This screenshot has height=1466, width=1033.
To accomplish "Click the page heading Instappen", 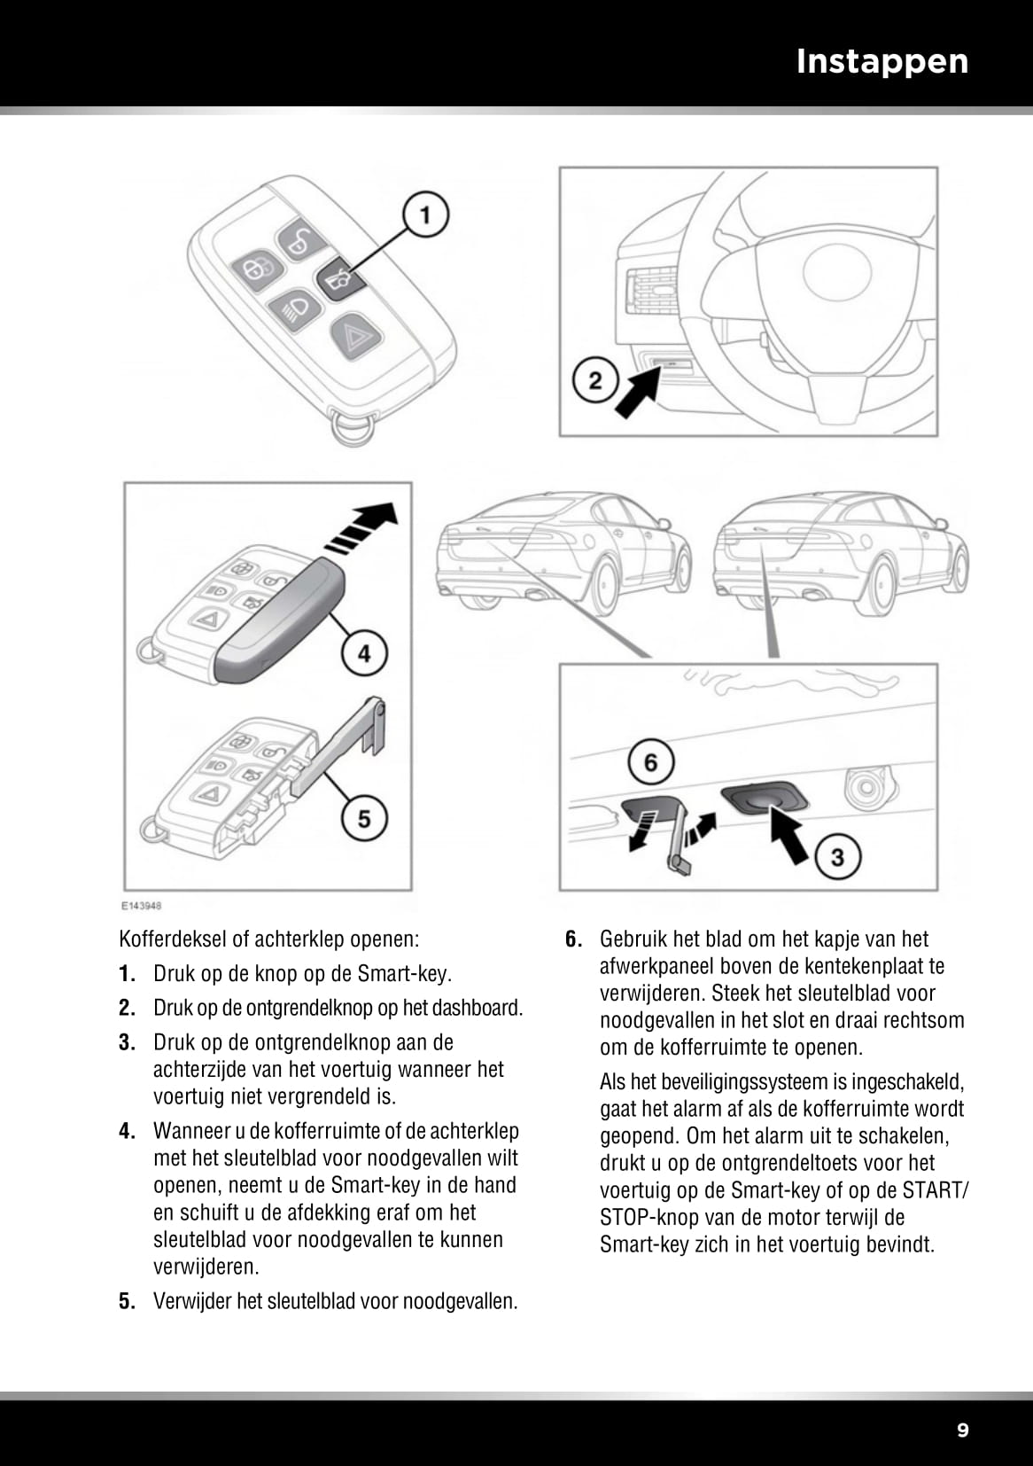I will coord(882,61).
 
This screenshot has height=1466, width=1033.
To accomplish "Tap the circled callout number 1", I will coord(425,215).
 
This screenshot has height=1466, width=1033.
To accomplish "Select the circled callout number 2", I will coord(594,381).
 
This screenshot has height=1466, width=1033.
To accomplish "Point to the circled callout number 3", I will coord(836,857).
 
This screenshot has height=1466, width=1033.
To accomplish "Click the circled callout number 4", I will coord(364,654).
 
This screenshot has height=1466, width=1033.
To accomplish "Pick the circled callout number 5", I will coord(364,818).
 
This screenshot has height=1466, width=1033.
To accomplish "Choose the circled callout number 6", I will coord(651,762).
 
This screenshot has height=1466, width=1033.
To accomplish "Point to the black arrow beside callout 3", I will coord(790,832).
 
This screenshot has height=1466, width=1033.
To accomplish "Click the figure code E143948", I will coord(142,906).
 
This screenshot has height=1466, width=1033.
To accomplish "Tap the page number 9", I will coord(963,1430).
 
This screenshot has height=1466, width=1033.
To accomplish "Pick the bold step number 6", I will coord(572,940).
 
